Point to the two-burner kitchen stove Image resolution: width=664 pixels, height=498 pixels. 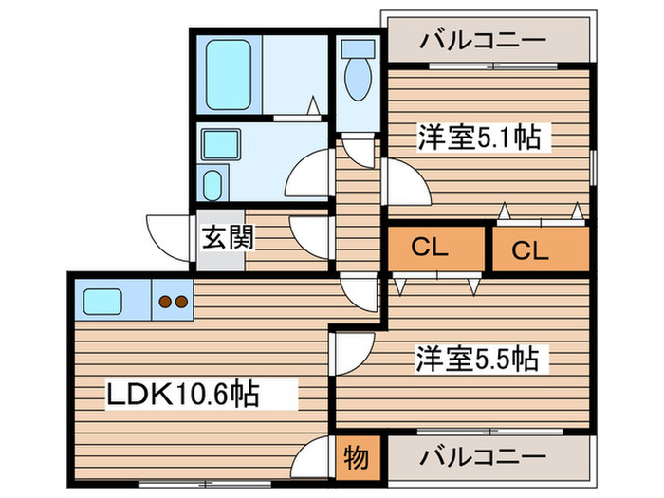coord(172,303)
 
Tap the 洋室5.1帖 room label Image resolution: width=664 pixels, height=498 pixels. coord(479,139)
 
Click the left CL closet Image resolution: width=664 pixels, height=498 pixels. coord(430,249)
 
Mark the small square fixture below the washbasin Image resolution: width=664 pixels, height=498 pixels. coord(213,182)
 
